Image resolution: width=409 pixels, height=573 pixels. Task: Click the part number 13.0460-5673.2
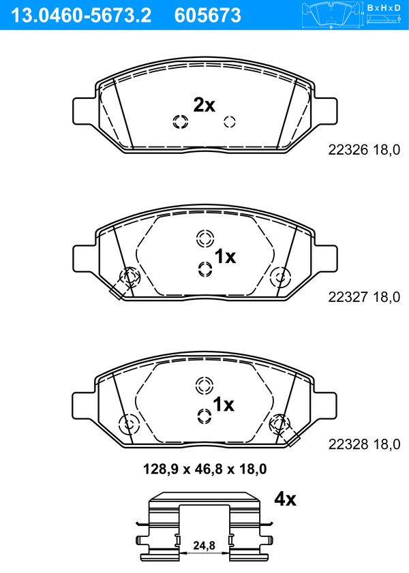point(80,15)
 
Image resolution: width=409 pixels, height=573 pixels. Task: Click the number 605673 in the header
point(208,15)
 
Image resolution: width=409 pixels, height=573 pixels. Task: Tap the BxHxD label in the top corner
point(384,7)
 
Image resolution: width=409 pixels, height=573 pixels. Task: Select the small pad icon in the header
point(331,15)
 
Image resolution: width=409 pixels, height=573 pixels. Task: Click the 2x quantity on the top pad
point(204,105)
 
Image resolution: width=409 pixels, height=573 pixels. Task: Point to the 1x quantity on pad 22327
point(225,256)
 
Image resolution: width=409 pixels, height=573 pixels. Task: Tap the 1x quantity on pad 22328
point(224,404)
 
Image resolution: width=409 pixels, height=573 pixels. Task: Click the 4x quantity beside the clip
point(285,499)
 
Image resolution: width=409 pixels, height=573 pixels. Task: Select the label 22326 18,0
point(364,150)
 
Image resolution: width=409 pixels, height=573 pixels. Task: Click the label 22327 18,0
point(364,297)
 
